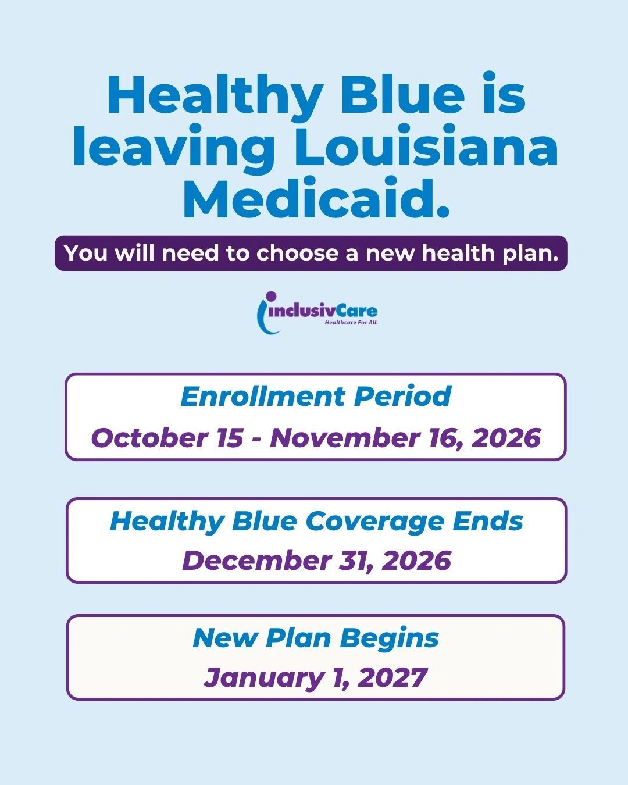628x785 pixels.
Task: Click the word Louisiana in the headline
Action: click(426, 145)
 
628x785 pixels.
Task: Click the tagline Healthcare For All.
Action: click(351, 323)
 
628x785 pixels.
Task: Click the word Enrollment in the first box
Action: click(263, 396)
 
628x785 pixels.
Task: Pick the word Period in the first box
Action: click(402, 396)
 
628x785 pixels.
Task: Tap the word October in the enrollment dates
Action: click(149, 437)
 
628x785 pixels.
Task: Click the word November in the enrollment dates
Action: click(345, 437)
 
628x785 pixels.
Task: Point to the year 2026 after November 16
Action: click(506, 437)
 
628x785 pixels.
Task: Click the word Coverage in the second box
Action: click(374, 522)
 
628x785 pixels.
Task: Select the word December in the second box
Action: click(256, 561)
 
